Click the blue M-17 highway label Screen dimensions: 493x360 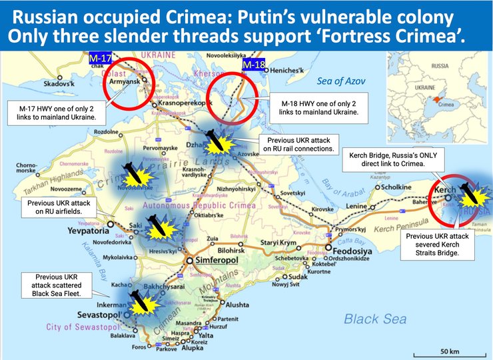[x=100, y=59]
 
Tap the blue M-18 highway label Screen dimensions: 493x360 [x=253, y=65]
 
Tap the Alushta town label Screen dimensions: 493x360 [x=238, y=304]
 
